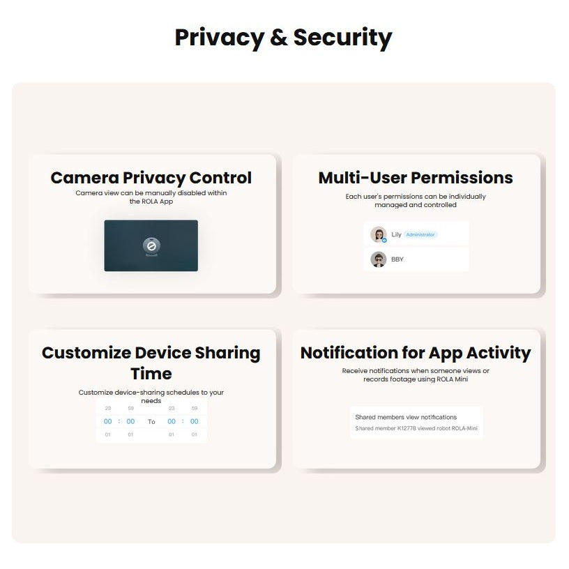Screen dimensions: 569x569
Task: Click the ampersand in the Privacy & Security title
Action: pos(279,37)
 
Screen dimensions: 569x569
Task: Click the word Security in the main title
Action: pos(342,38)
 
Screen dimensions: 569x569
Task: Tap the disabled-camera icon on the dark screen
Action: pos(151,245)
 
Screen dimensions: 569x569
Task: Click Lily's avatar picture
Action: pos(379,234)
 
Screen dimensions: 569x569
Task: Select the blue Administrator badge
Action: pos(420,234)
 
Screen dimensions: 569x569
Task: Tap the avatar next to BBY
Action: pos(379,259)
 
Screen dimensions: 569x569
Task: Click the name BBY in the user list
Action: pos(397,259)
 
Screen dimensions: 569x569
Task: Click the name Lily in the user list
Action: pos(396,234)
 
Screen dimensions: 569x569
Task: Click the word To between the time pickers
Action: pos(151,422)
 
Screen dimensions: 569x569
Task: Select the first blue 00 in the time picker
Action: pos(108,421)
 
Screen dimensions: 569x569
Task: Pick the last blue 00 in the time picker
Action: pos(194,421)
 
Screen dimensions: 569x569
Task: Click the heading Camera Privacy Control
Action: pos(151,178)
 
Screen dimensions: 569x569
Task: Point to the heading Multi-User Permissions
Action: pos(416,178)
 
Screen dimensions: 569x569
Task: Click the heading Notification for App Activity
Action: pos(416,353)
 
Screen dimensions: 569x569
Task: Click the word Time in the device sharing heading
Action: pos(151,374)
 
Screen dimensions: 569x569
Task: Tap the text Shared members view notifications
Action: pos(406,417)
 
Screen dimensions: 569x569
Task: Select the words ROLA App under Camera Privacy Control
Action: pos(157,202)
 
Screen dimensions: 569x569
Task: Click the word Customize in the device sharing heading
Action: pos(86,353)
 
